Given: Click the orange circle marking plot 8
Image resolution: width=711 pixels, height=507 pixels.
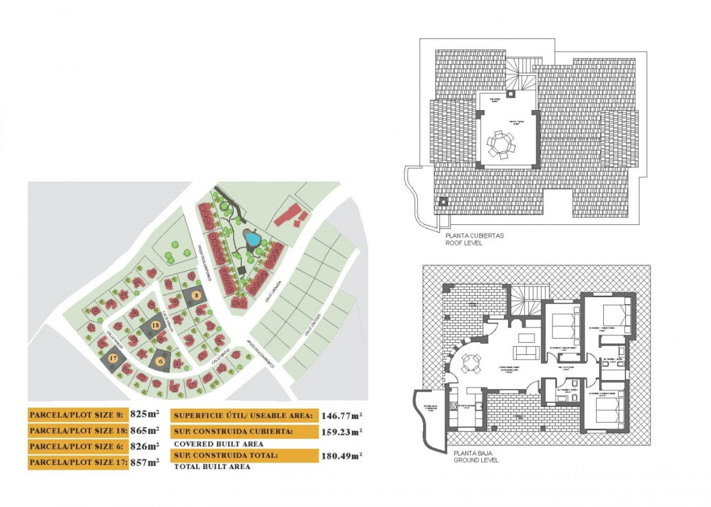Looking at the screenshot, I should point(197,295).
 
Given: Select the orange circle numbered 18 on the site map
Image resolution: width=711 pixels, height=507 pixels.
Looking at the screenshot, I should point(156,325).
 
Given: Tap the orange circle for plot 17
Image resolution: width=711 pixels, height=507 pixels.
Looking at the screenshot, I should point(114,358).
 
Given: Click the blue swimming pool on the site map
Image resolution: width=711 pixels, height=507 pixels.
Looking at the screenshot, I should point(252,238).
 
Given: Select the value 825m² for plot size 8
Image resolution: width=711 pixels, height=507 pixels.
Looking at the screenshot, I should point(145,415).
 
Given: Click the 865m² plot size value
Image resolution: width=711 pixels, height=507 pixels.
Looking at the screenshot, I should point(145,431).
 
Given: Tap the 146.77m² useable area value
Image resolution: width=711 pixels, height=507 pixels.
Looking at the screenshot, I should point(342,416).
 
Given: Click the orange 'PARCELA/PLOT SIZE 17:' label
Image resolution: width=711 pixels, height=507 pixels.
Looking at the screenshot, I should point(78,463).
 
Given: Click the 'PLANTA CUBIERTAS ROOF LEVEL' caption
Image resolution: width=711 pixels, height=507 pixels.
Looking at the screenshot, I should point(474,240).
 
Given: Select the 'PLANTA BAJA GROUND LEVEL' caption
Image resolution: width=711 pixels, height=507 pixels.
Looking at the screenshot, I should point(476,456).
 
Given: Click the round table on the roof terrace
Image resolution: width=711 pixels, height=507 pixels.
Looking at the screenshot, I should point(501,143).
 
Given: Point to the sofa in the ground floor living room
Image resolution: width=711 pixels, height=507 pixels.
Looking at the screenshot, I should point(523,352).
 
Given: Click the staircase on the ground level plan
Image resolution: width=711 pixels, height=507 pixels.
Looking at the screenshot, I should point(528,302).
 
